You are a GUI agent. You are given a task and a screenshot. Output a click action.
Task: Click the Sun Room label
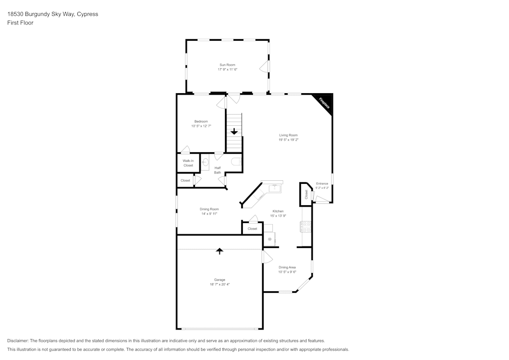pyautogui.click(x=227, y=65)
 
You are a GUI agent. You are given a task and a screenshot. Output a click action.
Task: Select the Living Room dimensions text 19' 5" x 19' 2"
pyautogui.click(x=288, y=140)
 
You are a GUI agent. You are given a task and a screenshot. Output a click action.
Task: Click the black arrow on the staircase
pyautogui.click(x=234, y=131)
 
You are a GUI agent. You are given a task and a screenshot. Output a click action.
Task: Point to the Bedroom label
pyautogui.click(x=201, y=121)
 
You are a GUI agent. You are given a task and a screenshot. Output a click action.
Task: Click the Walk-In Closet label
pyautogui.click(x=188, y=163)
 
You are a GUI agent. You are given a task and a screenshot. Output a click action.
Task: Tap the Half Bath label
pyautogui.click(x=217, y=170)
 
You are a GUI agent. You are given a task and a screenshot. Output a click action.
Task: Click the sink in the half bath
pyautogui.click(x=205, y=163)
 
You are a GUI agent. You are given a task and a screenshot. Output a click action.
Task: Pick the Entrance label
pyautogui.click(x=322, y=183)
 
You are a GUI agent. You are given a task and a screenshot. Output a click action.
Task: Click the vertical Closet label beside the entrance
pyautogui.click(x=306, y=194)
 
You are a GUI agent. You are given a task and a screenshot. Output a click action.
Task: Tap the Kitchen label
pyautogui.click(x=278, y=211)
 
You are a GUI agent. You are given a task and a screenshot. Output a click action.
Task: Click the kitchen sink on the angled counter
pyautogui.click(x=275, y=188)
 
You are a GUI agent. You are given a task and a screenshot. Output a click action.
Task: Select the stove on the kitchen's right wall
pyautogui.click(x=306, y=227)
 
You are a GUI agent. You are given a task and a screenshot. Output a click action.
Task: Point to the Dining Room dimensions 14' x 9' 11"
pyautogui.click(x=209, y=214)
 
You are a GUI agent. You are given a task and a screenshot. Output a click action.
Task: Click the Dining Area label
pyautogui.click(x=287, y=267)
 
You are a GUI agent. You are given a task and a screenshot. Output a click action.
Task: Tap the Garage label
pyautogui.click(x=219, y=280)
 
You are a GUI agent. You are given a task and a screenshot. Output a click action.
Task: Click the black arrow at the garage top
pyautogui.click(x=219, y=251)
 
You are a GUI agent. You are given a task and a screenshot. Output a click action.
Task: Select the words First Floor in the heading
pyautogui.click(x=20, y=23)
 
